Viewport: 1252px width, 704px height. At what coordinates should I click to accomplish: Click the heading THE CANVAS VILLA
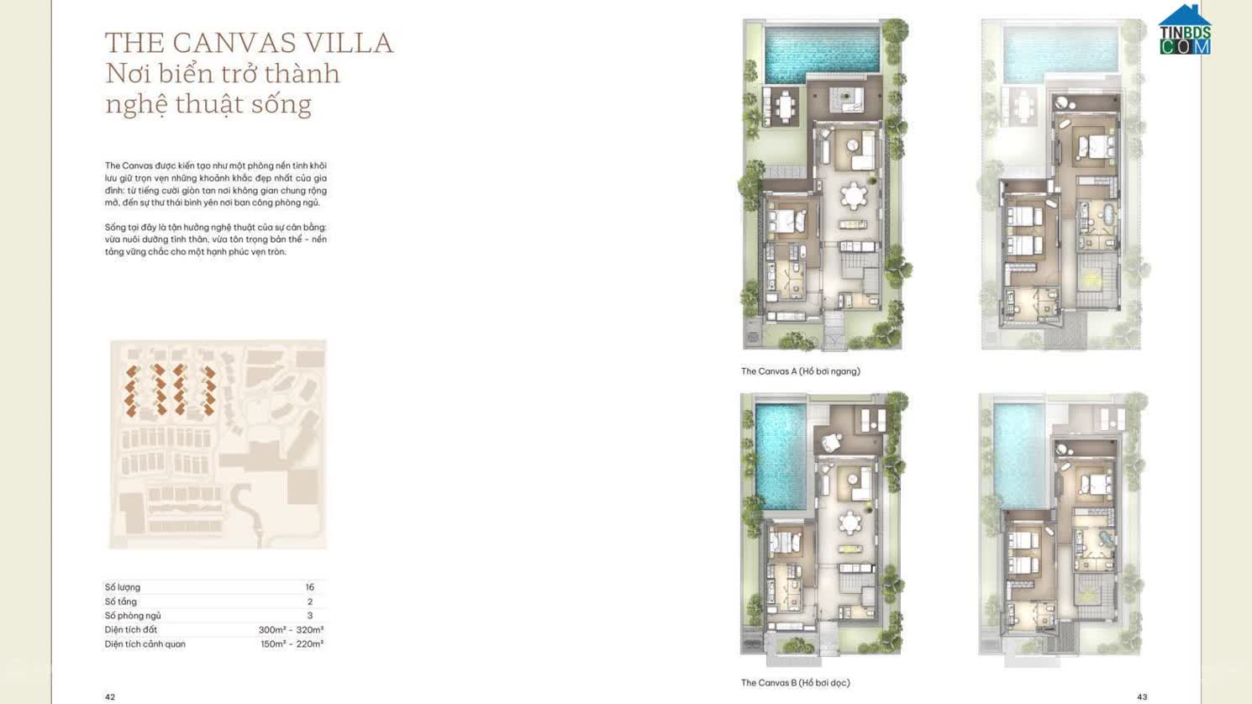(249, 43)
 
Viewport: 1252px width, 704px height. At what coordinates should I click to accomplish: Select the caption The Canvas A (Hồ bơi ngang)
(800, 371)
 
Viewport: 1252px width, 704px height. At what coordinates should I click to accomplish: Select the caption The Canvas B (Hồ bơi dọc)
(795, 683)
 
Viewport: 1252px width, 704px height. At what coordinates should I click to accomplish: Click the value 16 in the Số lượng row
(309, 587)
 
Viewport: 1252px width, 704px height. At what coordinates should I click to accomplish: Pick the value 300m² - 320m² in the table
(291, 630)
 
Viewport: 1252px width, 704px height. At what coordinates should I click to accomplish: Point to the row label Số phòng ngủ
(133, 616)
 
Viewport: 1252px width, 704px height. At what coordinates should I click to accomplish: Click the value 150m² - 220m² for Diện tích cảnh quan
(292, 644)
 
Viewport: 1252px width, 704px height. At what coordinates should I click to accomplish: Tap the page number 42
(110, 697)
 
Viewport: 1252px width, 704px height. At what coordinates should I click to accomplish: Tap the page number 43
(1142, 697)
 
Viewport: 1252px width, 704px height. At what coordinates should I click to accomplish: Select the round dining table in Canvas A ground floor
(854, 197)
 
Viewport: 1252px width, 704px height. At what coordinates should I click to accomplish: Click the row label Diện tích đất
(131, 630)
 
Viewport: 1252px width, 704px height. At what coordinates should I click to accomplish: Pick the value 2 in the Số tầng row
(309, 602)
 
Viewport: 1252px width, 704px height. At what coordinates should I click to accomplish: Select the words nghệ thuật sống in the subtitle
(208, 104)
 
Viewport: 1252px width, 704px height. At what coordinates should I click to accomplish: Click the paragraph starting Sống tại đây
(215, 239)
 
